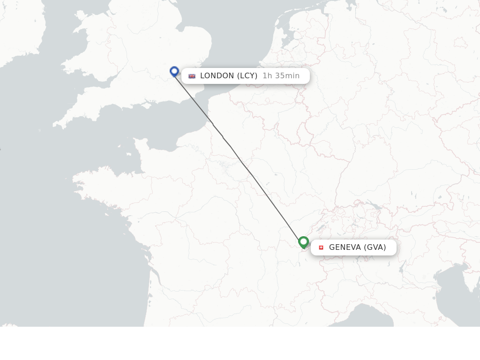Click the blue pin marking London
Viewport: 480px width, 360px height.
174,71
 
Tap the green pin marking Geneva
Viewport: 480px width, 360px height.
303,242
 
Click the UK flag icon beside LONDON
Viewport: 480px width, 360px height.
192,76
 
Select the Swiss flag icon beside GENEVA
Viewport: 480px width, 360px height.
321,247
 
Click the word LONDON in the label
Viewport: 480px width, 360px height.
217,76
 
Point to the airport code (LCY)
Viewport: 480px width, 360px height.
247,76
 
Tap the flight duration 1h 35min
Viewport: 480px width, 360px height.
281,76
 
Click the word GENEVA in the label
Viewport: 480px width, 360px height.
345,247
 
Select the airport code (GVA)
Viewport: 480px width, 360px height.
375,247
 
